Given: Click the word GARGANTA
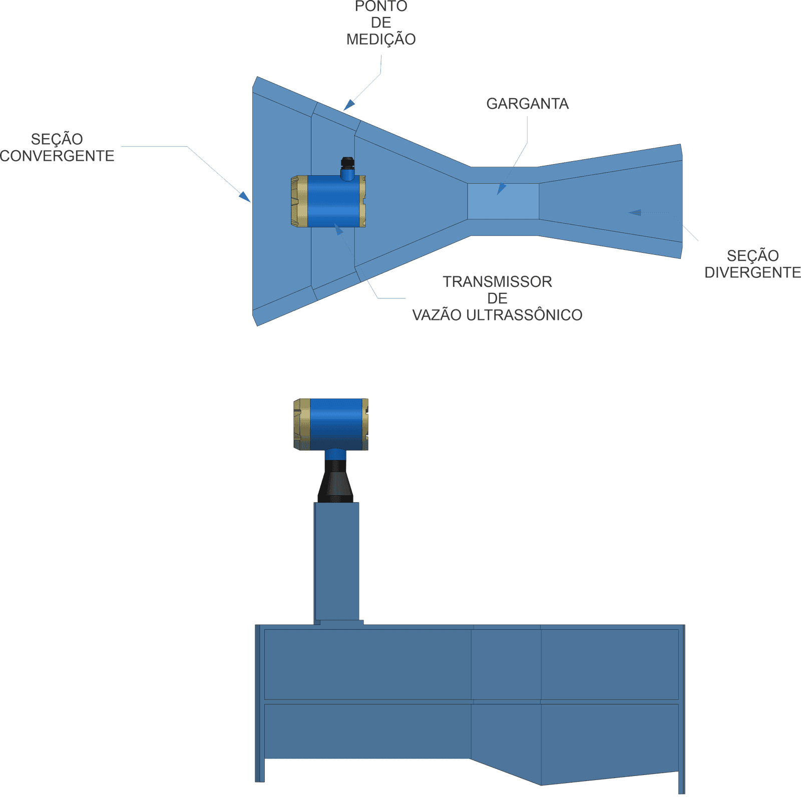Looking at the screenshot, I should [x=527, y=104].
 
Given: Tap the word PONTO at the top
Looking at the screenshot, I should [x=381, y=7].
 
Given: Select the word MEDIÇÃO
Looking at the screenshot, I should [x=381, y=39].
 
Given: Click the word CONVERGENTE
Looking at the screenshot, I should [x=58, y=156].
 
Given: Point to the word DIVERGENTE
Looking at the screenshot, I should [x=752, y=272].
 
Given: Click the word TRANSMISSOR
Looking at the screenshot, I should [x=498, y=282].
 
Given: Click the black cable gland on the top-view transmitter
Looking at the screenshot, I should [x=345, y=164].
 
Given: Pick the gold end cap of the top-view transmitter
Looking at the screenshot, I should [x=299, y=201].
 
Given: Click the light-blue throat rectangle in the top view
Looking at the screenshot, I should [x=503, y=201].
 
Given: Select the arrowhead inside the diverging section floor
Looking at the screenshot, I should [x=634, y=212].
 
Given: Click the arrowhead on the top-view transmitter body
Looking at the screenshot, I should [x=339, y=229].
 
